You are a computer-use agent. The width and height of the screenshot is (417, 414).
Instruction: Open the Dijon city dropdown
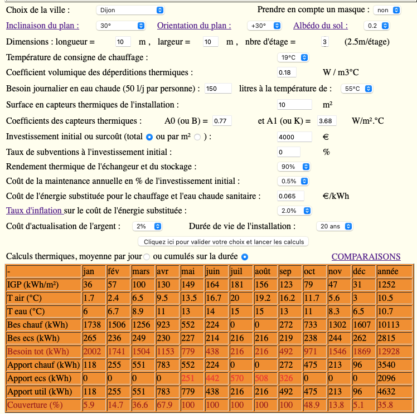point(130,10)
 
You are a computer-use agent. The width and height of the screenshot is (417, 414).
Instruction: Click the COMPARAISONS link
point(366,256)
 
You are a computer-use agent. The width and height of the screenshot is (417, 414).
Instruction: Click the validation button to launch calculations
point(224,242)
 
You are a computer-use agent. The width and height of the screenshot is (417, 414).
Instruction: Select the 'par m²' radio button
point(197,137)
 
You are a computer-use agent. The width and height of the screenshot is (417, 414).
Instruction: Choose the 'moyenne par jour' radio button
point(147,257)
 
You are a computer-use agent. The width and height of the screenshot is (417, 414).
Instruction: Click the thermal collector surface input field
point(294,105)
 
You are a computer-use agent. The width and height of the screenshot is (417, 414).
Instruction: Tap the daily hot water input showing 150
point(218,89)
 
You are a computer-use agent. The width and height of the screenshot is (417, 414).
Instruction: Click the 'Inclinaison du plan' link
point(42,26)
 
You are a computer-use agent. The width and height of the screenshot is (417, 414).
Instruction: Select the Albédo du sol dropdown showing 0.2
point(376,26)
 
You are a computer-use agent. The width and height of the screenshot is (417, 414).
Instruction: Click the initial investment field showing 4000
point(294,137)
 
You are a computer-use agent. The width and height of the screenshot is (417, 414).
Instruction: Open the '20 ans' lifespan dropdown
point(334,226)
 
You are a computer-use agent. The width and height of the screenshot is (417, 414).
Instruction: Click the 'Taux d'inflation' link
point(34,210)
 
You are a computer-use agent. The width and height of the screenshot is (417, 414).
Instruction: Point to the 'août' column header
point(263,271)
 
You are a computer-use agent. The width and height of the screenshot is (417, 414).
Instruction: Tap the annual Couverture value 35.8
point(387,405)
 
